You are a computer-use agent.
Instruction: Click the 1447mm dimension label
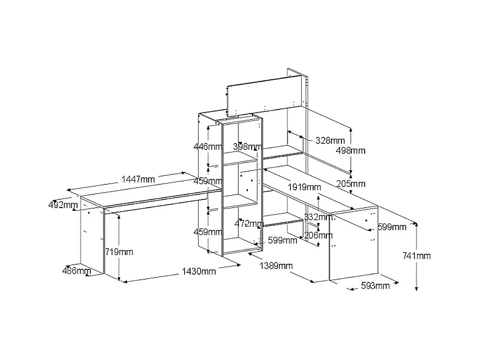[139, 179]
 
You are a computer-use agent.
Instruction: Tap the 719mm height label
[119, 251]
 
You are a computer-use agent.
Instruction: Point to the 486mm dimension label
[77, 271]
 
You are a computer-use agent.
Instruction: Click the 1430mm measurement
[199, 271]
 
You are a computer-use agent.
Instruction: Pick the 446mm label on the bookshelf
[207, 147]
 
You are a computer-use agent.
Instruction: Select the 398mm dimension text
[248, 147]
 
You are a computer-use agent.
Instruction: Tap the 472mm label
[249, 224]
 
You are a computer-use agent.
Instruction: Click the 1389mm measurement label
[276, 266]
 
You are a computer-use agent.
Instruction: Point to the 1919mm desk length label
[305, 187]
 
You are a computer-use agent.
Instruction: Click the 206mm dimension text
[318, 235]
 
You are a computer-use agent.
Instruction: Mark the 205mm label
[351, 184]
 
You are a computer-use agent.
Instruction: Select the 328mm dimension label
[330, 141]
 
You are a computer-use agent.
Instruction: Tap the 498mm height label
[351, 150]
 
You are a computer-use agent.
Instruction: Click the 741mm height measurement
[417, 256]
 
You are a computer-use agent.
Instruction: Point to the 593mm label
[376, 286]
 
